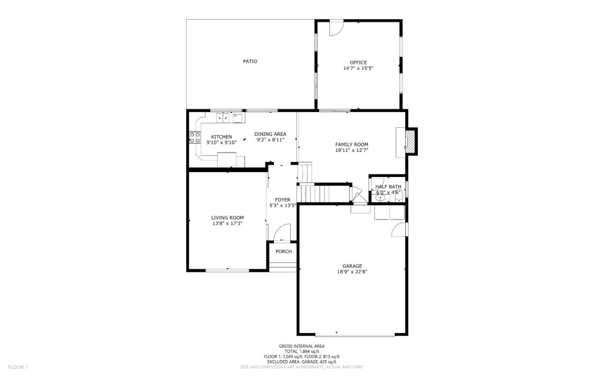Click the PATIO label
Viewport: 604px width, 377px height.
[250, 62]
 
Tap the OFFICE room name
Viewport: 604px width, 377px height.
[358, 62]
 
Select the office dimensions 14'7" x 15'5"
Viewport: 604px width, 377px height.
[358, 68]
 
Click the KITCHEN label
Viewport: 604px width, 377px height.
[221, 137]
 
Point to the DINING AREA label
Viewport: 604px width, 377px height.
[270, 134]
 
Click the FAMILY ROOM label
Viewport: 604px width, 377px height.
[351, 145]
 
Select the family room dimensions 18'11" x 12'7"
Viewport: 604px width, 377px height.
[351, 151]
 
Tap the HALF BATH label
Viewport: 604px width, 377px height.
[388, 187]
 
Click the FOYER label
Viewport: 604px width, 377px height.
[283, 200]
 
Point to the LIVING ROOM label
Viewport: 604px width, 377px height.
[227, 218]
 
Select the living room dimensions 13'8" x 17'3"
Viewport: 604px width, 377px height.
[227, 224]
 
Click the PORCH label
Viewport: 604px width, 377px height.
[284, 252]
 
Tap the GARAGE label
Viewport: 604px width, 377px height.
[352, 266]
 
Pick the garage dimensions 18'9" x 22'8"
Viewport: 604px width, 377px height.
[352, 272]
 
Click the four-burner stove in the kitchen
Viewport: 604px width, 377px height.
[195, 138]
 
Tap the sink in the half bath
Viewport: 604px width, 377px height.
[380, 198]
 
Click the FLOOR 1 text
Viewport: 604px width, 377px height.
[18, 367]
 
